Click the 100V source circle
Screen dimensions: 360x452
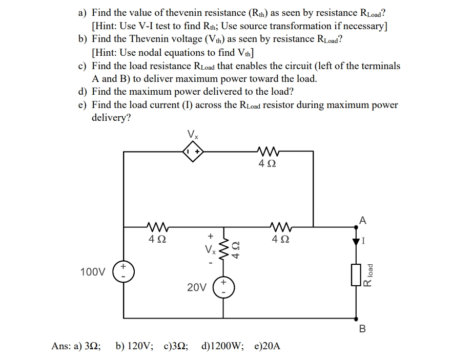124,271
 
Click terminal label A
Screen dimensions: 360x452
363,221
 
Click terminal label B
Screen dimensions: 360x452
363,328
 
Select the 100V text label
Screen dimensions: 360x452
93,272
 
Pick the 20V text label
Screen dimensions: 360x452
197,288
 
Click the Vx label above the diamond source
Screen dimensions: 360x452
193,135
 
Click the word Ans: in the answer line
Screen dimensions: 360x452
61,346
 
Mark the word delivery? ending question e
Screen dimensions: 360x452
111,118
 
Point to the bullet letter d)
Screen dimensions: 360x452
83,92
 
